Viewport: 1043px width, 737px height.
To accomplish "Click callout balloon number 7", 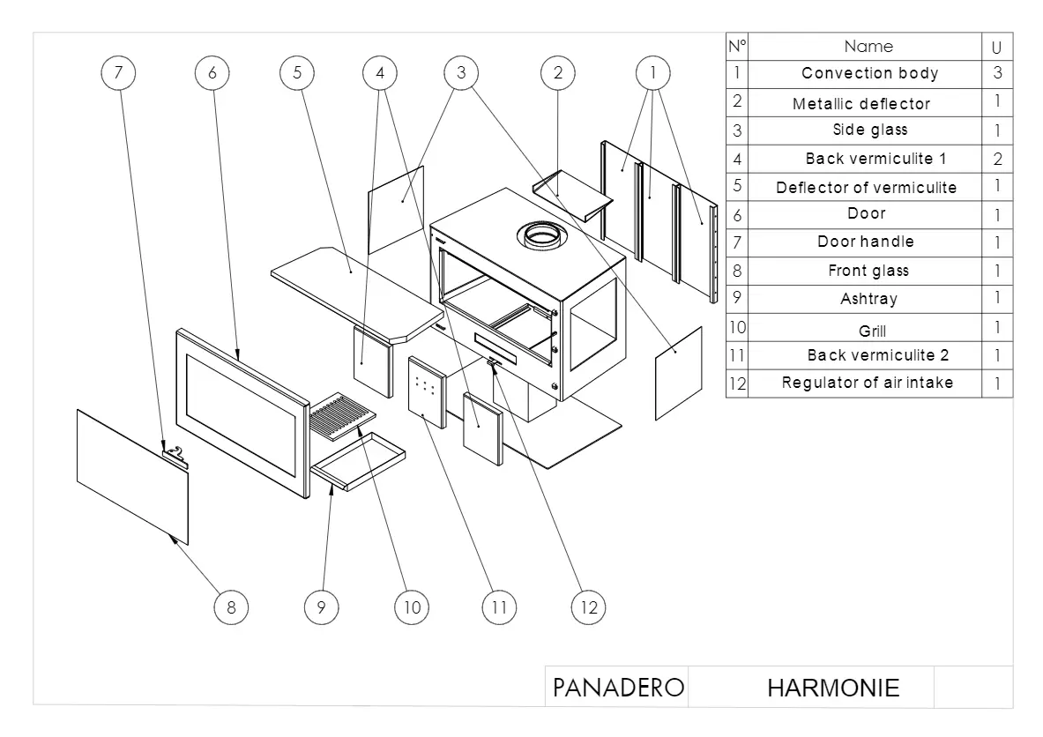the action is point(118,72).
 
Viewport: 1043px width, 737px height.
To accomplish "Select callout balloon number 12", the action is point(589,607).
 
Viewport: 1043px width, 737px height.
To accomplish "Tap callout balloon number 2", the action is point(557,72).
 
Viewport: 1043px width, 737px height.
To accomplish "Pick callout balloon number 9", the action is point(321,607).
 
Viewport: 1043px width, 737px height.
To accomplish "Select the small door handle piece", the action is point(175,456).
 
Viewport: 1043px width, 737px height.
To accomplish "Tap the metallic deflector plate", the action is point(573,195).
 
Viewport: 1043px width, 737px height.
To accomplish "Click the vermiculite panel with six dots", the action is point(427,392).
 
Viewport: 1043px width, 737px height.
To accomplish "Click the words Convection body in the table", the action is point(869,73).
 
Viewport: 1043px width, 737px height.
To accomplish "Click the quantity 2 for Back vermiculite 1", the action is point(997,159).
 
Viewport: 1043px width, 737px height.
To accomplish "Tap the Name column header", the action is point(868,47).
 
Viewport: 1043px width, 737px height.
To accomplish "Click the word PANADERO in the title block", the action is point(618,688).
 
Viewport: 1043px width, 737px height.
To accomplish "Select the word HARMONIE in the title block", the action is point(833,688).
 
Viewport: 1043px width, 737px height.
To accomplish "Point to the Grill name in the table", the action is point(872,331).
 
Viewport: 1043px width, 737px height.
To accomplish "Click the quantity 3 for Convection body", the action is point(997,73).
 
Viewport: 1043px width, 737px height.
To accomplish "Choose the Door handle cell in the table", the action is point(865,242).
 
